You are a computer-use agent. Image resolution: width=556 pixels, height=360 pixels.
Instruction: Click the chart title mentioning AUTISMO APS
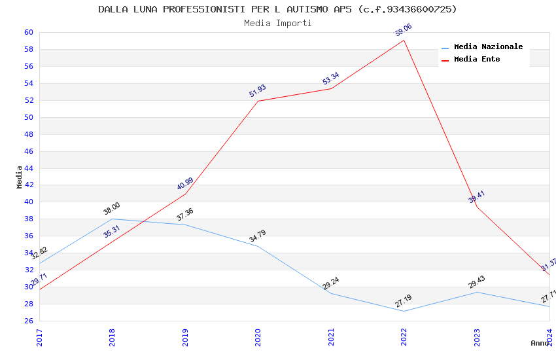point(277,9)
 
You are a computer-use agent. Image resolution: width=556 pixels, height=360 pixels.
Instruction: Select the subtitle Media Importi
point(277,23)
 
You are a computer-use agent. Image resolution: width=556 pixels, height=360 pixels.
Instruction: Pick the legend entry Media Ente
point(477,59)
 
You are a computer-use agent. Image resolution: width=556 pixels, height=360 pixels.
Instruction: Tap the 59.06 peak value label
point(404,30)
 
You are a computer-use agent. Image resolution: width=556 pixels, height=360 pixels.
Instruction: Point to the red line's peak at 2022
point(404,40)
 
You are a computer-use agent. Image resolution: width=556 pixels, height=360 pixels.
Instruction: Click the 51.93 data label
point(258,91)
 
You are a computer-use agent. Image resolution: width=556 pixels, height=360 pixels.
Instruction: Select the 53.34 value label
point(331,79)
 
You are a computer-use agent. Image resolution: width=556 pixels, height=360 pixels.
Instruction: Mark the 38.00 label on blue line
point(112,209)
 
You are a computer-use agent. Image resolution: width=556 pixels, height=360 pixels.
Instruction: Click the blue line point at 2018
point(113,219)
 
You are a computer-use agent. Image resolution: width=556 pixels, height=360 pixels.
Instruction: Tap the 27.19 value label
point(404,301)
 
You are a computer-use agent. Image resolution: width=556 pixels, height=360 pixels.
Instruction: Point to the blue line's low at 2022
point(404,311)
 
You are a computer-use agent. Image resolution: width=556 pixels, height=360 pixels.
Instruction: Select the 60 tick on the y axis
point(29,32)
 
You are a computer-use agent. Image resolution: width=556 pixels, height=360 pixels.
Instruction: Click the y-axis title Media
point(20,177)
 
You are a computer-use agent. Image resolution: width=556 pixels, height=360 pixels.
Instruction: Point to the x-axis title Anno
point(540,343)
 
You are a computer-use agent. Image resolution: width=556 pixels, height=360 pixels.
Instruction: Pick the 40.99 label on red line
point(185,184)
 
